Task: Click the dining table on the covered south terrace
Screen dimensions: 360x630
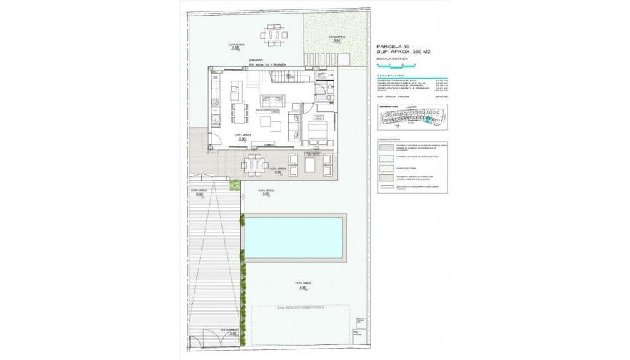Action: pyautogui.click(x=254, y=164)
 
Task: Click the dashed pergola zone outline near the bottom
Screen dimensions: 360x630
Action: pyautogui.click(x=301, y=325)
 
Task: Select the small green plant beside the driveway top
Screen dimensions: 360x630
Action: pyautogui.click(x=233, y=186)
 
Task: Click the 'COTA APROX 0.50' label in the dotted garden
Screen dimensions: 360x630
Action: pyautogui.click(x=336, y=39)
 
